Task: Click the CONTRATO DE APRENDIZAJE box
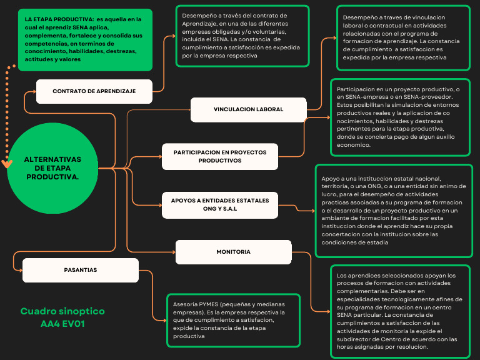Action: [x=94, y=91]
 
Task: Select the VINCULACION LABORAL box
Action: [x=248, y=109]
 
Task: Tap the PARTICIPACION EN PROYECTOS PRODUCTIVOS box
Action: [x=220, y=156]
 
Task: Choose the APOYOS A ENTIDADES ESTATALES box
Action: [x=220, y=204]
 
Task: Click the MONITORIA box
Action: [x=233, y=252]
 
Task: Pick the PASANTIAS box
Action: [x=80, y=270]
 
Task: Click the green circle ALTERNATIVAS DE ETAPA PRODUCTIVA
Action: [x=52, y=169]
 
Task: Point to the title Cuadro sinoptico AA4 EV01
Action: [x=62, y=317]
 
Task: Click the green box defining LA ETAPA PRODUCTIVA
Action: [x=85, y=39]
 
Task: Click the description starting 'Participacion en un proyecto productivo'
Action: [x=400, y=117]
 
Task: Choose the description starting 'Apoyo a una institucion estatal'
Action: [x=393, y=211]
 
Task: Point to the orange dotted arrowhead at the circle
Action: [x=7, y=164]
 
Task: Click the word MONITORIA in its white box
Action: [x=233, y=252]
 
